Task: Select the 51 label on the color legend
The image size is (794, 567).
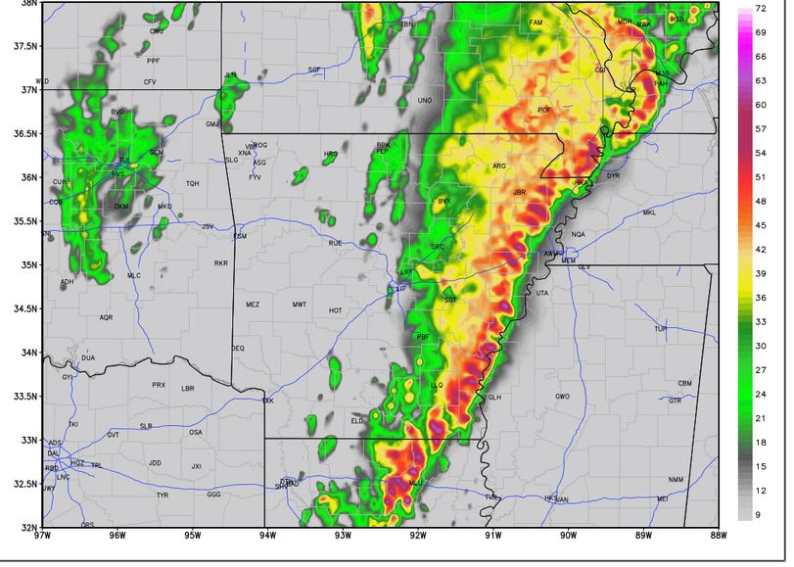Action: coord(760,177)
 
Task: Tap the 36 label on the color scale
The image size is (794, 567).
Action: coord(760,298)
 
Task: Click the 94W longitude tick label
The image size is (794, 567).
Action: coord(267,536)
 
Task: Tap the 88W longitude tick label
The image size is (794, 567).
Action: coord(719,536)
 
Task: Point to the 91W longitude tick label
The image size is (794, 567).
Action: coord(492,536)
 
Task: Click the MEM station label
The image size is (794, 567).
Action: coord(568,261)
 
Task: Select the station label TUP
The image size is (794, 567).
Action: coord(660,329)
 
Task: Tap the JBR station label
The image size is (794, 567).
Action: coord(519,192)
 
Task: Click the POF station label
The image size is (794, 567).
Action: coord(543,110)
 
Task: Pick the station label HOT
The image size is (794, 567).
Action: coord(336,310)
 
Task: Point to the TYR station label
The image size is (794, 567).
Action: coord(163,496)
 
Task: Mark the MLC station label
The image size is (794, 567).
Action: coord(133,276)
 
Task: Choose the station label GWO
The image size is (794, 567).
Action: coord(562,397)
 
